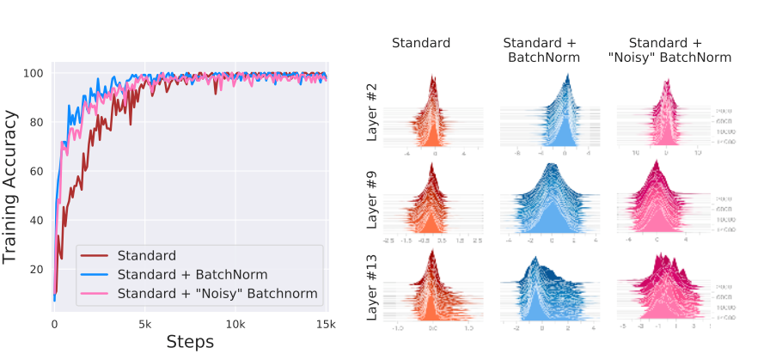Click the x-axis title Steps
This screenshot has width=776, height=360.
[x=190, y=341]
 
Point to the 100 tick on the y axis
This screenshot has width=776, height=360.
[x=35, y=73]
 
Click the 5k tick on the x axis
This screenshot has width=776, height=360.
[x=144, y=325]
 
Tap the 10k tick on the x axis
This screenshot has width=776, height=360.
[x=235, y=325]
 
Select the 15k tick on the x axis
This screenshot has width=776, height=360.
[x=325, y=325]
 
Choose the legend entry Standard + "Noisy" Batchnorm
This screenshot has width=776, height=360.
[x=220, y=295]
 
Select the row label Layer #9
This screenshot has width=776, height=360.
[x=371, y=204]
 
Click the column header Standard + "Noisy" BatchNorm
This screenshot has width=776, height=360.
[x=668, y=50]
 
